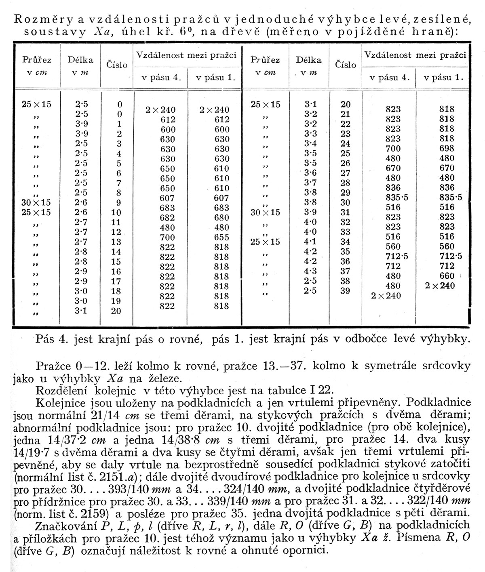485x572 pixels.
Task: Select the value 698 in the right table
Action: (446, 148)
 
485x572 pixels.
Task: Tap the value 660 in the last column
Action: (446, 276)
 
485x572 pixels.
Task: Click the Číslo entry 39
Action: (345, 290)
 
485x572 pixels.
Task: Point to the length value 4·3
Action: (310, 271)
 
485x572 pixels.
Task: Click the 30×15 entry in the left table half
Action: (36, 202)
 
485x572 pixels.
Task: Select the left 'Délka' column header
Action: (80, 60)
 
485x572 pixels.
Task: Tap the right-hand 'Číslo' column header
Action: (346, 65)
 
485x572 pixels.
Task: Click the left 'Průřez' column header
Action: (36, 60)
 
